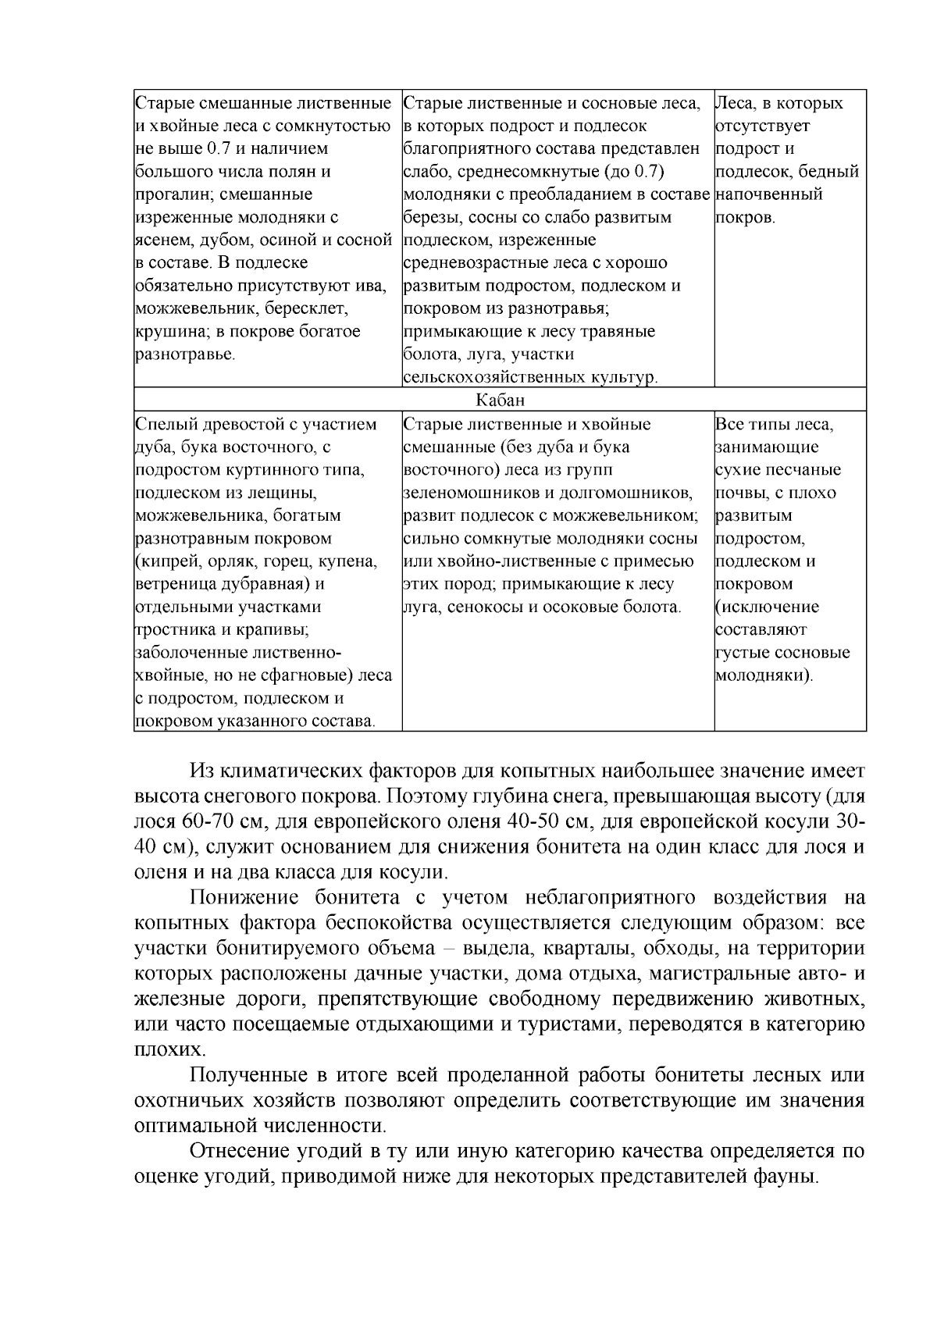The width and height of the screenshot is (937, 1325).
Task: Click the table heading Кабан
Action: point(501,401)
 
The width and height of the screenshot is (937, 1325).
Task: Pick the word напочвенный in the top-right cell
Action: point(768,194)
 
